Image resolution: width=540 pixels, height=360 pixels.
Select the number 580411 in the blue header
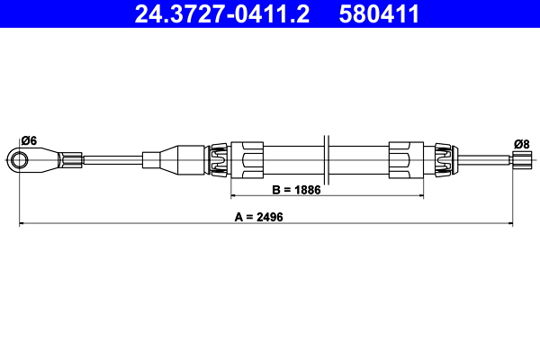[x=381, y=13]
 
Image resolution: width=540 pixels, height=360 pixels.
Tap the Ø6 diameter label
[x=28, y=140]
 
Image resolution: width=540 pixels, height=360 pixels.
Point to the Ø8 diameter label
[x=520, y=143]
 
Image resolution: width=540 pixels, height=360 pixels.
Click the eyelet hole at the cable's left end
[x=20, y=160]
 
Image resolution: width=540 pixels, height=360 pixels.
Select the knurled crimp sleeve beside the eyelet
[x=71, y=160]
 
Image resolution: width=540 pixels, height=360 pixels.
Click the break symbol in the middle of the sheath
[x=328, y=159]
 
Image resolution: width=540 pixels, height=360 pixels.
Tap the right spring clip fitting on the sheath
[x=440, y=159]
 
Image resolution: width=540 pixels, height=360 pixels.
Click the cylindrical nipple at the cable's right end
[x=520, y=160]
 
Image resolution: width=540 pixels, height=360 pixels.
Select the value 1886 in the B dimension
[x=306, y=190]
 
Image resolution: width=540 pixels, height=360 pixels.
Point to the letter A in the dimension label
[x=238, y=217]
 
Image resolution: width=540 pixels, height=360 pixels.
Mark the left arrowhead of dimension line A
[x=22, y=222]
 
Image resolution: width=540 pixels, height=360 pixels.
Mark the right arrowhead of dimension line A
[x=510, y=222]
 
